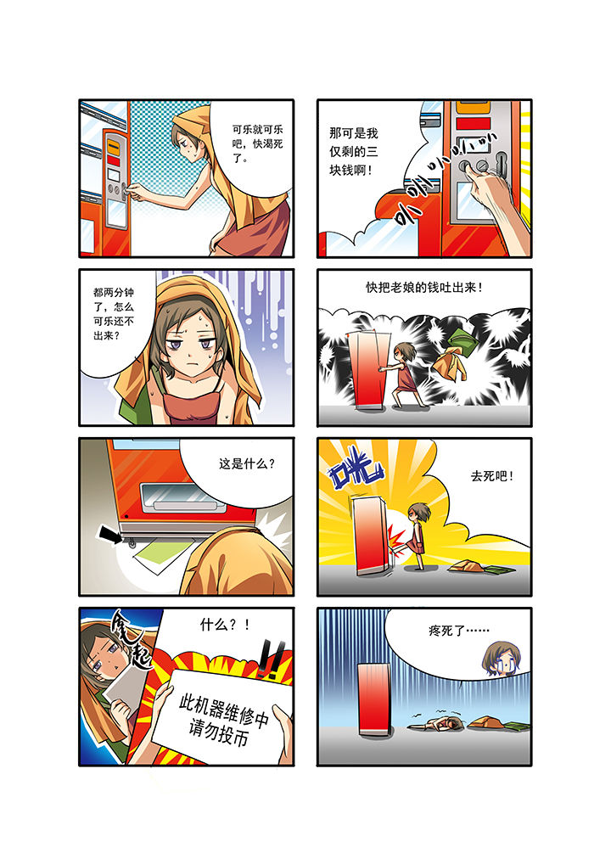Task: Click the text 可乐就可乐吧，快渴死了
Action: point(257,143)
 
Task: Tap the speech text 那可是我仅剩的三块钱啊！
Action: point(354,152)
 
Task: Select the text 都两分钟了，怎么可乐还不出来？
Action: point(114,313)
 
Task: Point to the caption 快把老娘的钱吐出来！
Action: point(424,287)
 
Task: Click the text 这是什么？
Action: point(246,463)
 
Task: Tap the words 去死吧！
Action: point(492,475)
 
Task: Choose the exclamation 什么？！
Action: point(225,625)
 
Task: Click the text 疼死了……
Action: point(459,630)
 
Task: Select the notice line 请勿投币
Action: point(218,732)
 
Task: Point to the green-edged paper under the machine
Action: point(164,555)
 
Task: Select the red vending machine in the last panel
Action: point(375,700)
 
